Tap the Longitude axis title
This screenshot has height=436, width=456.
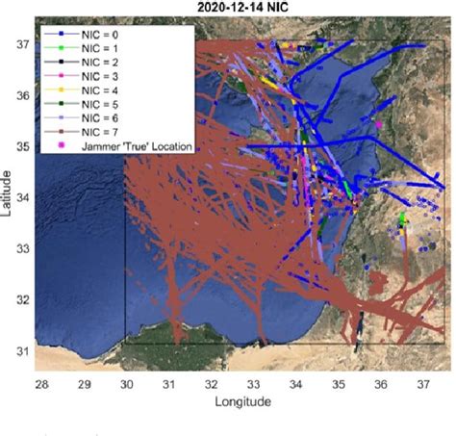click(242, 401)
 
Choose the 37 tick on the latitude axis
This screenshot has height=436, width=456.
click(20, 45)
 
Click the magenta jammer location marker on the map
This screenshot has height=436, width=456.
click(380, 124)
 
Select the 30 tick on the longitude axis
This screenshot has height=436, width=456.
click(126, 385)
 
